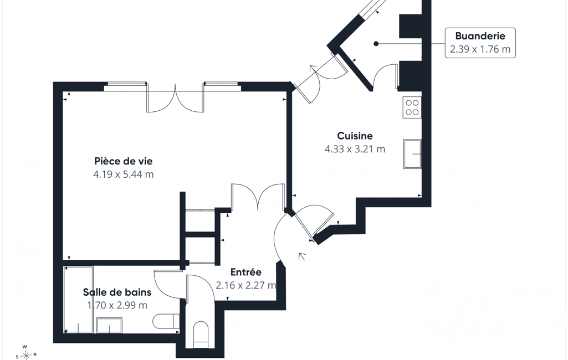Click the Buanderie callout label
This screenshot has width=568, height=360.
tap(480, 36)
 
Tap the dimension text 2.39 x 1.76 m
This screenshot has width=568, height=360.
tap(480, 49)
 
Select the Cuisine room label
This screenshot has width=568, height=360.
tap(355, 136)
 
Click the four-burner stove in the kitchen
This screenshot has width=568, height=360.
tap(412, 107)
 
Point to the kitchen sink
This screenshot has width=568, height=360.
tap(413, 154)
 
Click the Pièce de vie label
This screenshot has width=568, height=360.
tap(123, 161)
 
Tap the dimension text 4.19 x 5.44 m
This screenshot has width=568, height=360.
tap(123, 174)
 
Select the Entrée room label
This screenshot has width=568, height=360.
tap(246, 272)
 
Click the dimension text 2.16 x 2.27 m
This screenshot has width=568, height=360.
tap(246, 285)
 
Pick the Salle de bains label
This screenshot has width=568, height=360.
tap(117, 292)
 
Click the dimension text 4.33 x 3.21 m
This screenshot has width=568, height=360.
tap(355, 149)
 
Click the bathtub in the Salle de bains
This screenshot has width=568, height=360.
tap(78, 300)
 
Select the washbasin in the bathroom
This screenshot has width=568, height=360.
tap(109, 325)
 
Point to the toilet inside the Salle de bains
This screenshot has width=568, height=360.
tap(166, 321)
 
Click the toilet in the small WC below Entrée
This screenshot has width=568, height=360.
tap(201, 335)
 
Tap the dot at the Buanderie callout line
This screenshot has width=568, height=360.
tap(376, 44)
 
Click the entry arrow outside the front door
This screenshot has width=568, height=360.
tap(301, 256)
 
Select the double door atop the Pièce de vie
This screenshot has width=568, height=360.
tap(175, 98)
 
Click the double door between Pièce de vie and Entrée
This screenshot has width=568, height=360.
tap(258, 197)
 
